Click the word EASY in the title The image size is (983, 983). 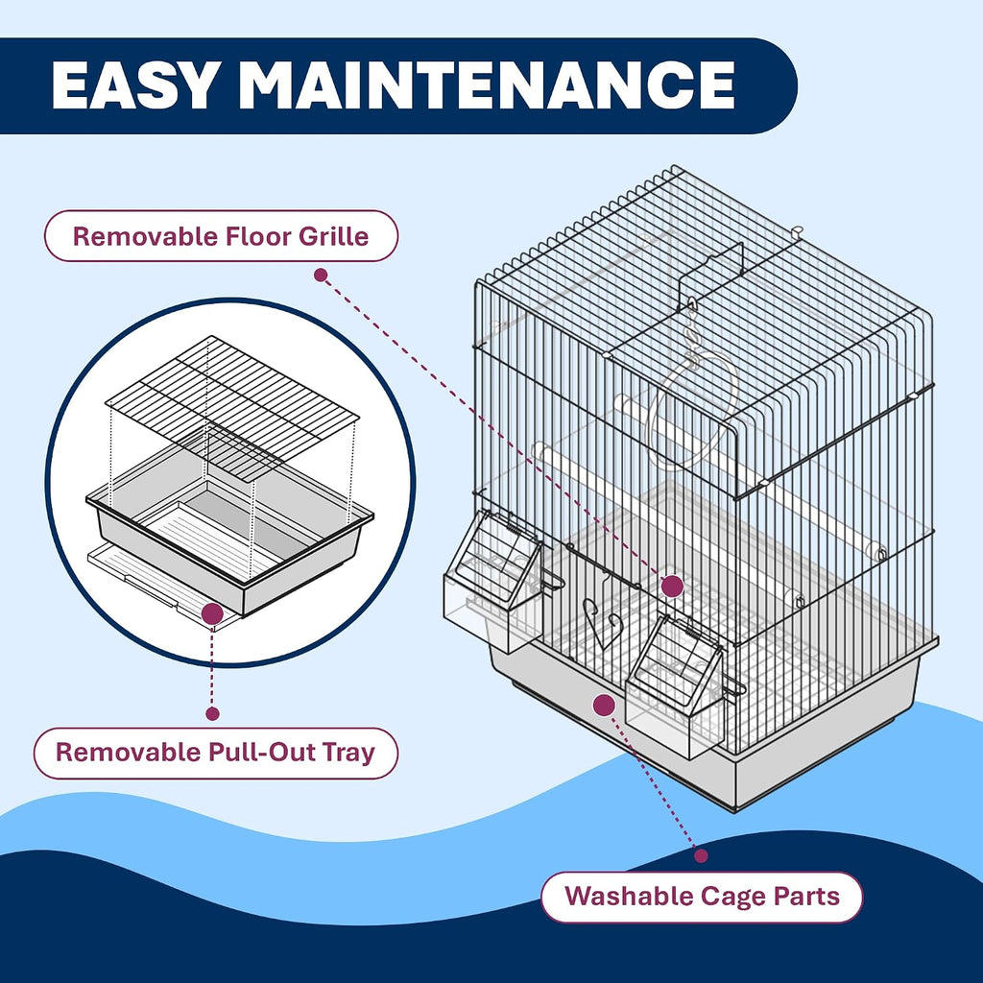click(133, 85)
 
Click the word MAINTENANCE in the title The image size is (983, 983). click(486, 85)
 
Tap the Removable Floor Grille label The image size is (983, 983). click(221, 236)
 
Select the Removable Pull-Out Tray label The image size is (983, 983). click(216, 753)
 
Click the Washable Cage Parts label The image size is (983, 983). click(702, 897)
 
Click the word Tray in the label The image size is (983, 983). click(348, 753)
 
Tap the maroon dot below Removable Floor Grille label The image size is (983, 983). click(321, 275)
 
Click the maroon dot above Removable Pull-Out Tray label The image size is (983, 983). click(212, 713)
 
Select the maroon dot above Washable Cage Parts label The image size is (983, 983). click(702, 855)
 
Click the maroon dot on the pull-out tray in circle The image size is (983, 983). click(212, 614)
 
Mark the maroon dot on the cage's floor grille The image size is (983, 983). click(672, 587)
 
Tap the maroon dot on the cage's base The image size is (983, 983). click(604, 706)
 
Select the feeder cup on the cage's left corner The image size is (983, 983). click(492, 580)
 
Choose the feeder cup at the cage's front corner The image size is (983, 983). click(676, 686)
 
